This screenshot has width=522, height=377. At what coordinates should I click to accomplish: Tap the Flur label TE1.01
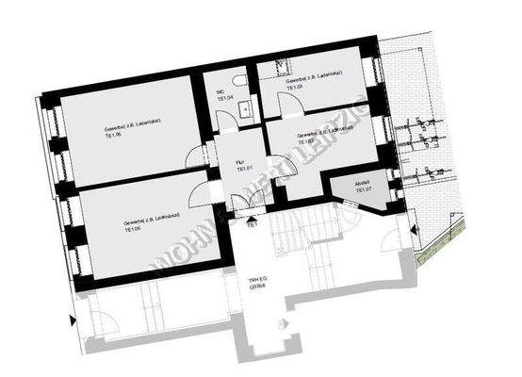click(x=241, y=169)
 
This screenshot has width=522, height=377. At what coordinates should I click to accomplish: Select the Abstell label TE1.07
click(x=364, y=188)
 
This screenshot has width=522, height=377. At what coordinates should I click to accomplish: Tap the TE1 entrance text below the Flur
click(x=252, y=226)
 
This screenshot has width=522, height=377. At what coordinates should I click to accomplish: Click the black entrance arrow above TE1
click(x=252, y=218)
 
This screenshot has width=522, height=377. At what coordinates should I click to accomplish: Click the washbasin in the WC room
click(x=244, y=109)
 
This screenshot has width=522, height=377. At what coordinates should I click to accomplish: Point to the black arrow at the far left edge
click(x=73, y=321)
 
